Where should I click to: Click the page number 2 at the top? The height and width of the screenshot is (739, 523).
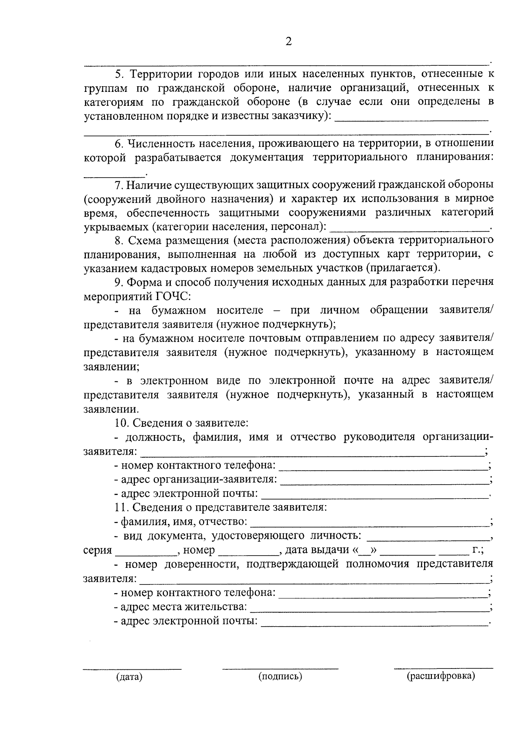click(x=288, y=42)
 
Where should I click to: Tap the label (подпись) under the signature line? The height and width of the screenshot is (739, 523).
click(x=280, y=676)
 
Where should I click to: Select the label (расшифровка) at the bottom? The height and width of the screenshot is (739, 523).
click(x=441, y=676)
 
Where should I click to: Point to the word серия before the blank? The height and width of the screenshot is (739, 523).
click(x=98, y=550)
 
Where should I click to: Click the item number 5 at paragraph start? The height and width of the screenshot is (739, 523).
click(x=118, y=74)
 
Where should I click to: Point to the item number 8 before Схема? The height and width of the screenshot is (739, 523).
click(x=118, y=240)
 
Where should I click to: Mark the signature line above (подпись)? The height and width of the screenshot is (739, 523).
click(x=280, y=668)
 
